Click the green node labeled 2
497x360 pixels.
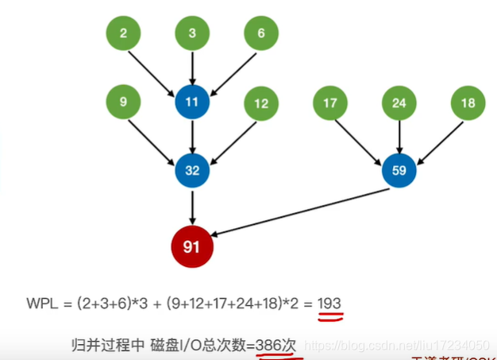coord(123,34)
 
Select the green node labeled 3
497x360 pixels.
coord(191,34)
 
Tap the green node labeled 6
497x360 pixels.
coord(261,34)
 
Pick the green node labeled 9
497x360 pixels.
coord(123,103)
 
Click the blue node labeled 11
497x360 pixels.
coord(191,103)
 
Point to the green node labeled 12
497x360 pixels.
coord(261,103)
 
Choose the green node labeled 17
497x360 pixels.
coord(330,103)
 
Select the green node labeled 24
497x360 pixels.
coord(399,103)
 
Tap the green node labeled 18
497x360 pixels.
coord(468,103)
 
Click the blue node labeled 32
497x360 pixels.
coord(191,171)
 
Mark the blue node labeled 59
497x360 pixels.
coord(399,171)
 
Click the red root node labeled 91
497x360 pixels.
coord(191,246)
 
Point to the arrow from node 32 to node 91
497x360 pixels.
coord(191,206)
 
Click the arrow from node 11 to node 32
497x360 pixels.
coord(191,137)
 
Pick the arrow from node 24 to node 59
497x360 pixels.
coord(399,137)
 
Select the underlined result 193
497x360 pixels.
coord(329,304)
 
